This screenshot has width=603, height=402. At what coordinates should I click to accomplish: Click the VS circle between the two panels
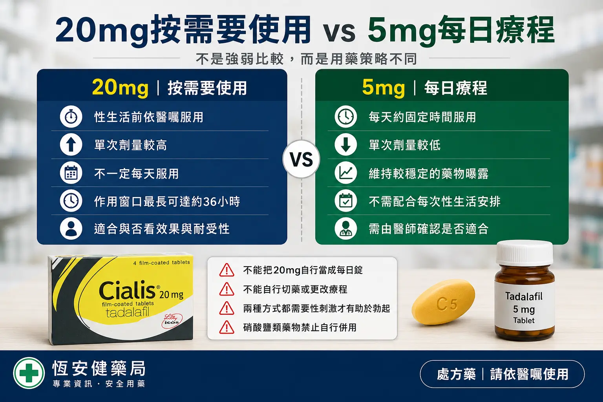tap(301, 159)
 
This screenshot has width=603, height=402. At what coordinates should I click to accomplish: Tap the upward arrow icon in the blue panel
tap(71, 144)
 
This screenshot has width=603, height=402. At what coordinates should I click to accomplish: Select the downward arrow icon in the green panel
tap(345, 144)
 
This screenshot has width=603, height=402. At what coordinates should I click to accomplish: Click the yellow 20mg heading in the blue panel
tap(120, 88)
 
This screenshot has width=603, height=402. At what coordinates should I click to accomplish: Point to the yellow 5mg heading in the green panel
tap(383, 88)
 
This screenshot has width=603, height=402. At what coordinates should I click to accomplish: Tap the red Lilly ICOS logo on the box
tap(172, 320)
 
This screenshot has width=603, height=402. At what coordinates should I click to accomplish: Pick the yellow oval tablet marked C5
tap(443, 302)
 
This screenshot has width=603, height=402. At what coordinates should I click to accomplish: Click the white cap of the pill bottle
tap(524, 253)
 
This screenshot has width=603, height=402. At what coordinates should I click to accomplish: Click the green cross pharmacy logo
tap(29, 373)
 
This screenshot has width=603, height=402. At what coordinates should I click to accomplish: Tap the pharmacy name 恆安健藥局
tap(99, 368)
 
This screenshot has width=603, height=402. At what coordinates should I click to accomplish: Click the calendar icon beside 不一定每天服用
tap(71, 173)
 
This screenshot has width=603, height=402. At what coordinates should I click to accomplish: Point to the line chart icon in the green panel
tap(345, 173)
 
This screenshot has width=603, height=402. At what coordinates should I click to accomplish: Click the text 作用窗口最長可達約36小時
tap(167, 201)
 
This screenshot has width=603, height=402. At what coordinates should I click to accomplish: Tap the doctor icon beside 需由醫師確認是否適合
tap(345, 229)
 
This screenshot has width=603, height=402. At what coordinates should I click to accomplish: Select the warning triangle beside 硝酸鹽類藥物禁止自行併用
tap(227, 327)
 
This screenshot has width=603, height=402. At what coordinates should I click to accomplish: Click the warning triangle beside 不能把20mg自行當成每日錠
tap(227, 270)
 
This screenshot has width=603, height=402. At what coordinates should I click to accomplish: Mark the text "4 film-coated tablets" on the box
tap(161, 263)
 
